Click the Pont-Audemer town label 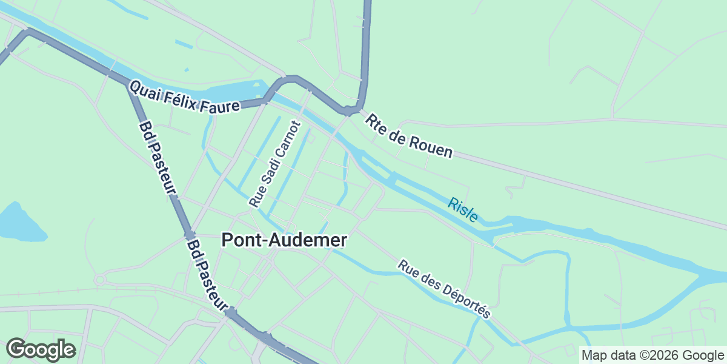click(x=284, y=240)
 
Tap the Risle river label click(x=463, y=209)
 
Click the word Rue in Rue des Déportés click(x=405, y=266)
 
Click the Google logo click(x=41, y=349)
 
